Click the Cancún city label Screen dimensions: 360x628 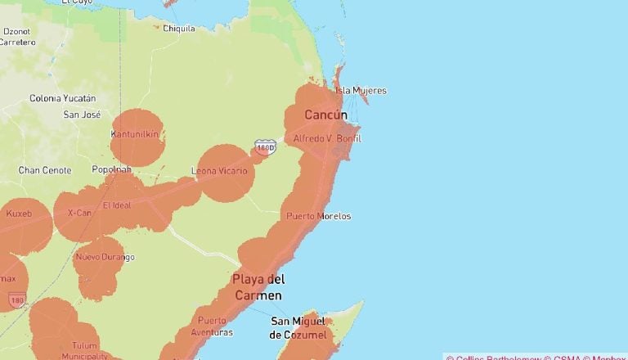pos(325,115)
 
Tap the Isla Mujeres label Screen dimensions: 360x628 pos(361,91)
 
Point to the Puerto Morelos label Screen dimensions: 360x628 pos(318,216)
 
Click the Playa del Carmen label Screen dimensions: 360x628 pos(258,287)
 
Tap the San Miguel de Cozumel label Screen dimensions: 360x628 pos(299,328)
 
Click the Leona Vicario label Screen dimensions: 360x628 pos(222,171)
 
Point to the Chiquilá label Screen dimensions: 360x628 pos(179,28)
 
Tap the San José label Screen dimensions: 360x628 pos(82,115)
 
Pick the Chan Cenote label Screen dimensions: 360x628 pos(45,170)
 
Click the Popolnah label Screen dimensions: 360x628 pos(111,169)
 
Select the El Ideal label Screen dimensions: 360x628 pos(117,205)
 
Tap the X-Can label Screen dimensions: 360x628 pos(79,213)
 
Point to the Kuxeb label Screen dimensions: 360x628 pos(18,214)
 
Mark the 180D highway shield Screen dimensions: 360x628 pos(264,146)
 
